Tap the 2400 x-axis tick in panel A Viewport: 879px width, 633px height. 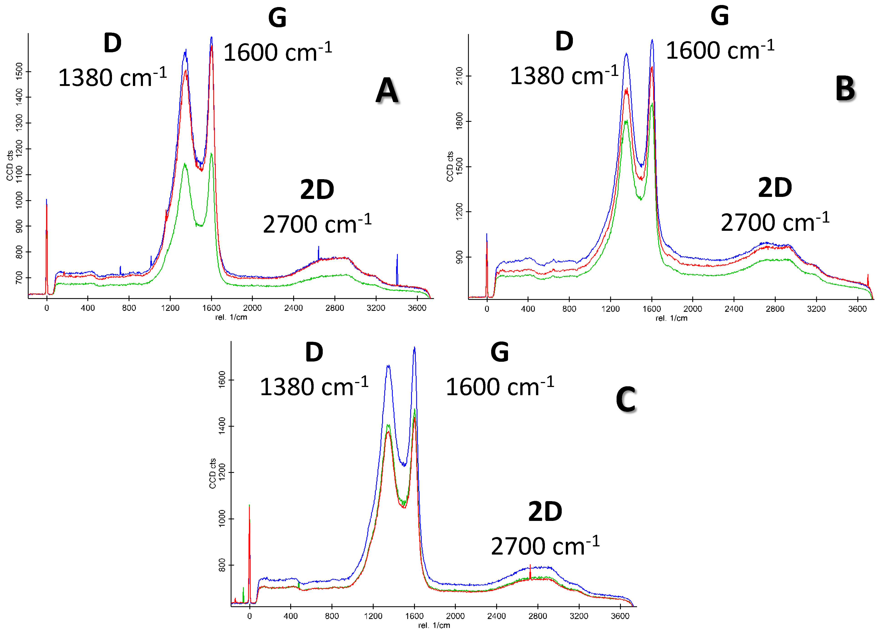pos(293,308)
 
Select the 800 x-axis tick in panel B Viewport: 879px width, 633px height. pos(569,309)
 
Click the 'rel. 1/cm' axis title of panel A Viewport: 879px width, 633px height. pos(231,317)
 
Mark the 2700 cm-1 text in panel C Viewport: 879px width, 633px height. pos(545,546)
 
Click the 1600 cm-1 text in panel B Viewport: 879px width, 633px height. pos(720,50)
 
